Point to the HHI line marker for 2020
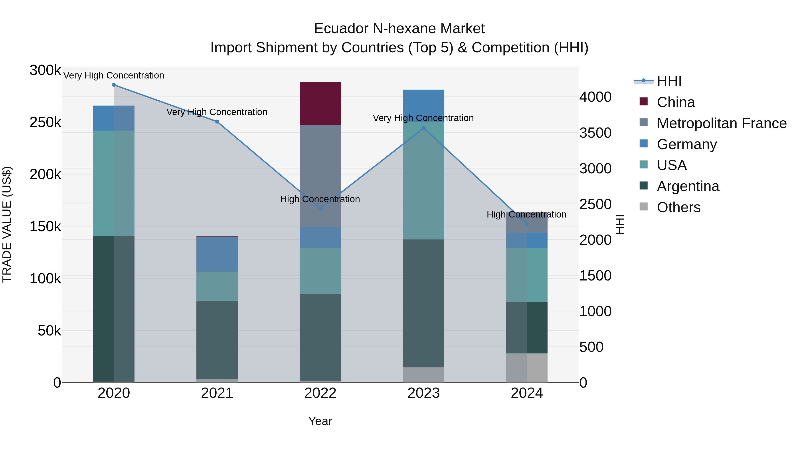click(x=114, y=85)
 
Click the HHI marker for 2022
click(x=320, y=209)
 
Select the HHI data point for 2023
click(x=424, y=128)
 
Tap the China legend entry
click(x=676, y=102)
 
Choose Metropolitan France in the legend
click(x=722, y=123)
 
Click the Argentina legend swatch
click(x=644, y=186)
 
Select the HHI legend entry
click(x=669, y=81)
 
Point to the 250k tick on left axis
click(x=45, y=123)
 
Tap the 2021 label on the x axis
click(x=217, y=393)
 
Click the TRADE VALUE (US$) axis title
click(x=7, y=224)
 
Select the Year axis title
click(x=320, y=421)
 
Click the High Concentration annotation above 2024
click(x=526, y=214)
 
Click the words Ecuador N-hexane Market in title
click(x=399, y=29)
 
